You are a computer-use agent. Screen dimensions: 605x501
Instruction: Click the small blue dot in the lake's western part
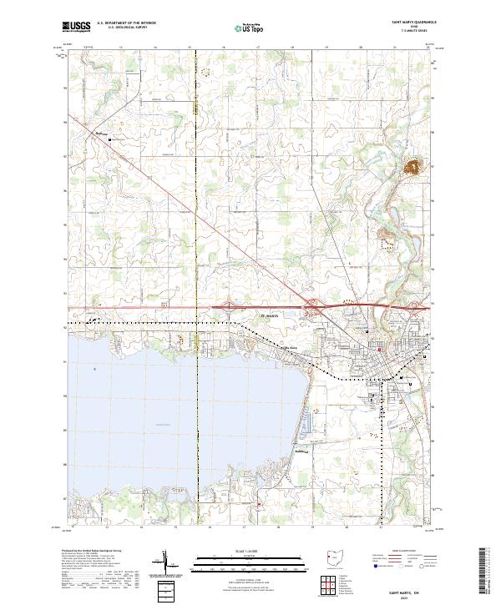point(95,368)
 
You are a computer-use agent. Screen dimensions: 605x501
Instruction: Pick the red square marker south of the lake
point(260,503)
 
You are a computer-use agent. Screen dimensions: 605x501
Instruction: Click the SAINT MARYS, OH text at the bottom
point(407,588)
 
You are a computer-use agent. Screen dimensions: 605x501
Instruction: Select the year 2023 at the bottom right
point(407,596)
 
